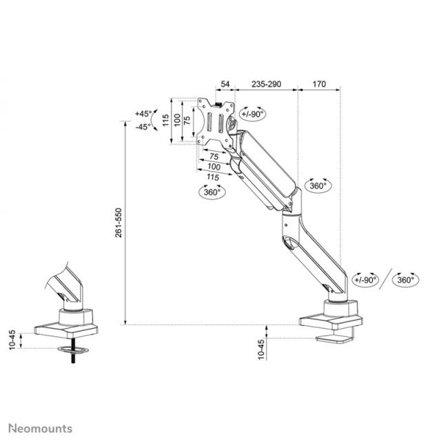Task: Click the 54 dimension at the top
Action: (x=224, y=83)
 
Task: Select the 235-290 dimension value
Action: (x=265, y=83)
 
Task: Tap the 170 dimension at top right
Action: (x=319, y=83)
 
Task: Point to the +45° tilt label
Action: (x=143, y=114)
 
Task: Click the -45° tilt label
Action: (x=143, y=127)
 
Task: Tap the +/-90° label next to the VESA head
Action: (x=252, y=114)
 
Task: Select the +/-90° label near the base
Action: (x=365, y=280)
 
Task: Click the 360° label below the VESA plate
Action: (x=212, y=193)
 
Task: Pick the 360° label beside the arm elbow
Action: (x=318, y=186)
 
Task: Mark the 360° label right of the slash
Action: (x=405, y=280)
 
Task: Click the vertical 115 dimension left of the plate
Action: (x=165, y=121)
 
